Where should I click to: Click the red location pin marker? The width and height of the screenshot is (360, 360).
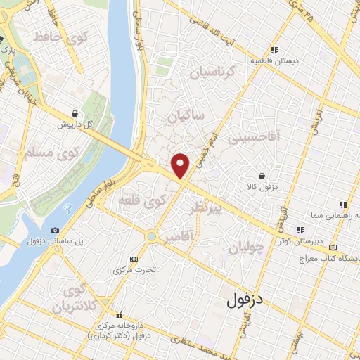coord(182,165)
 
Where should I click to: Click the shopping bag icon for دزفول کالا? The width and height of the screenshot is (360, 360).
coord(262,175)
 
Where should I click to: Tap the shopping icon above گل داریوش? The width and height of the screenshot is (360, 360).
coord(75,112)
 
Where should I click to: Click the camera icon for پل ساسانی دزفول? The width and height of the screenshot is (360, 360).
coord(56,230)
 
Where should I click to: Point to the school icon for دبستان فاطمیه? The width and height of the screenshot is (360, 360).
coord(274,49)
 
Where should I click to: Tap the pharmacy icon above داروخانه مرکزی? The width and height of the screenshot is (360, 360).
coord(120,315)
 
